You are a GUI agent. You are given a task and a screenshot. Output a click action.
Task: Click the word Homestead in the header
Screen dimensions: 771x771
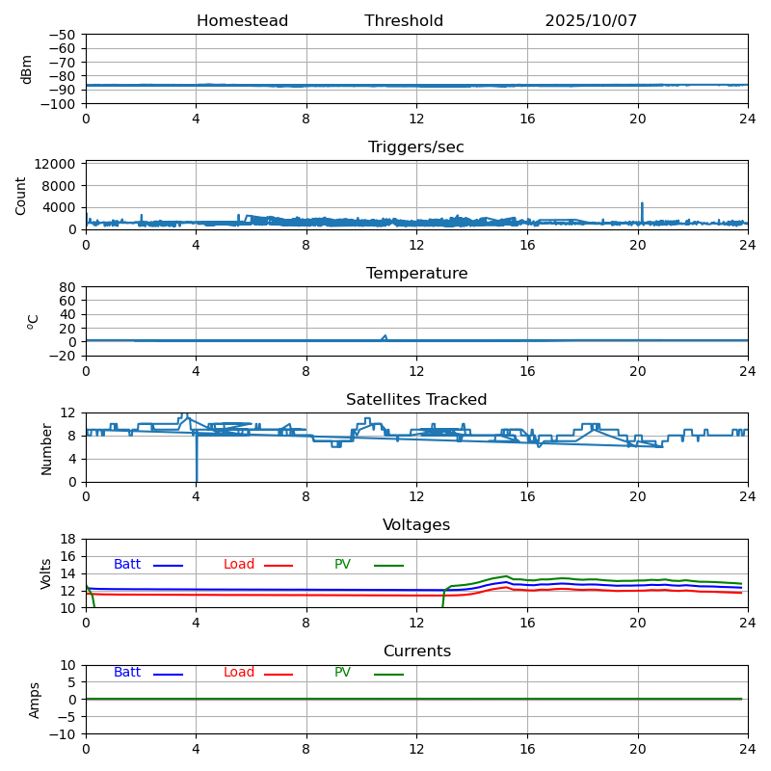(242, 21)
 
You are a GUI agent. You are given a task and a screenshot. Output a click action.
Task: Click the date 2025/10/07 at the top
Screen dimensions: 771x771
(591, 21)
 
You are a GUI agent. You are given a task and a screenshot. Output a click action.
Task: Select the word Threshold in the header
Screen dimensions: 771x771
(404, 21)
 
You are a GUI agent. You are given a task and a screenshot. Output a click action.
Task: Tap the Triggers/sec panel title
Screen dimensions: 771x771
(416, 147)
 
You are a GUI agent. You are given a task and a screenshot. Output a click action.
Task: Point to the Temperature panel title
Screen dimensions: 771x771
(416, 274)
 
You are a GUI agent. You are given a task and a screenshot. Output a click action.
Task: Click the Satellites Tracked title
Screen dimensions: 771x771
(416, 400)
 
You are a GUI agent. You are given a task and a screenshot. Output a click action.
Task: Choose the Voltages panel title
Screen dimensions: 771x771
(416, 525)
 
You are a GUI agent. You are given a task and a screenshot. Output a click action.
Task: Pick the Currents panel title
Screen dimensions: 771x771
(416, 651)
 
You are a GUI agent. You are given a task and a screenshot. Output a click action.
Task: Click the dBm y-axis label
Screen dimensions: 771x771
(27, 68)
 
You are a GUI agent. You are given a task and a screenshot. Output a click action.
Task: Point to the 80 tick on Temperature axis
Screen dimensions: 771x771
(68, 287)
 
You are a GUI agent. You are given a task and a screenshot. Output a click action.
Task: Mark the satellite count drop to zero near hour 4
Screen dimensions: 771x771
(197, 478)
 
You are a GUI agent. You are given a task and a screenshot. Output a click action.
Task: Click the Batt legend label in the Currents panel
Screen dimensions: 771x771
(126, 673)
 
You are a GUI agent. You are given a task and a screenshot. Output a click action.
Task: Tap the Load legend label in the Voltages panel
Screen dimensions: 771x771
(239, 565)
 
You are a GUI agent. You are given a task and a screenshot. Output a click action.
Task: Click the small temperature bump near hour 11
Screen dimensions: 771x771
(385, 336)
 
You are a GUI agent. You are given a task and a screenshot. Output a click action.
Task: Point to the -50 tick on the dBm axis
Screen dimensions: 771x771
(64, 35)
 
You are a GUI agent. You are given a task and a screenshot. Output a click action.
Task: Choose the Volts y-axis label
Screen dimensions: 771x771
(46, 572)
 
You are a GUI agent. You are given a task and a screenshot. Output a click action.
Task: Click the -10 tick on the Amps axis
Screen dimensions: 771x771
(64, 734)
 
